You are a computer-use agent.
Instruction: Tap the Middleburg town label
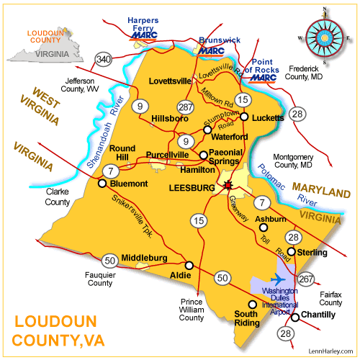[145, 257]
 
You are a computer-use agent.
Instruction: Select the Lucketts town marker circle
[244, 117]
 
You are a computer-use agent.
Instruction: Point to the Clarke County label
[58, 197]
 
